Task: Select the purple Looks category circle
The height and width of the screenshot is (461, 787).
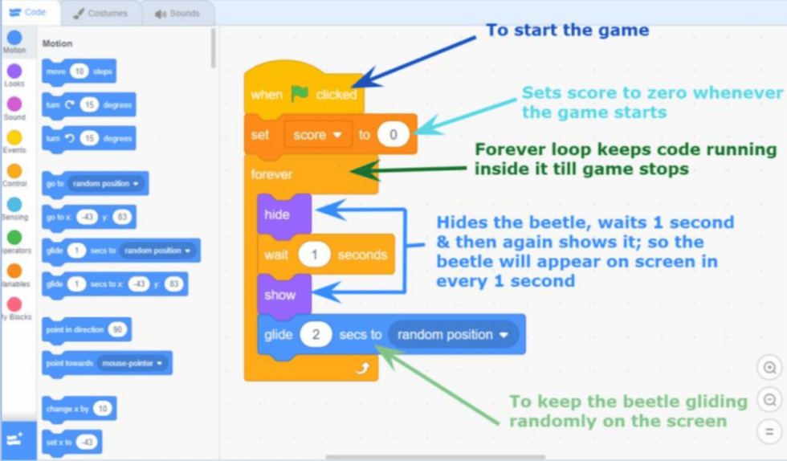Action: point(14,71)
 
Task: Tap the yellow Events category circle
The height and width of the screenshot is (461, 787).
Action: point(14,138)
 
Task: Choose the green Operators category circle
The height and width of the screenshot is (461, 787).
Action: point(14,238)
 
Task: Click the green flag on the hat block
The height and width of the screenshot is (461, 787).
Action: point(300,94)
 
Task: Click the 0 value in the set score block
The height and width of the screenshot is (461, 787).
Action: point(393,135)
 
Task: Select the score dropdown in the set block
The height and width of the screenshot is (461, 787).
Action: point(318,135)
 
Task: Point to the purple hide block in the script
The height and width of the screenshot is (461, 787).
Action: point(277,214)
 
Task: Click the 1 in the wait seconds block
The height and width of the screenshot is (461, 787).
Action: point(315,255)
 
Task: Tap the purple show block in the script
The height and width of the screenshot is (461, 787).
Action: point(279,295)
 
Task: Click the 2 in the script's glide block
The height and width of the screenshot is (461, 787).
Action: point(316,334)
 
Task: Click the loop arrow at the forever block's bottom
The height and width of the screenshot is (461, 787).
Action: point(363,367)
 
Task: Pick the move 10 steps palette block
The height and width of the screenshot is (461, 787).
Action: point(79,72)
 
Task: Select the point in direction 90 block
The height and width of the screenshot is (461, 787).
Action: point(86,330)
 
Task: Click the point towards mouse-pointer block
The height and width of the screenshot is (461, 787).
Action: point(106,364)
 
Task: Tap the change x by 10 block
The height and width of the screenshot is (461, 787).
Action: point(79,409)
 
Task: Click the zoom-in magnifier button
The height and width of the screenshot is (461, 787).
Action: point(770,368)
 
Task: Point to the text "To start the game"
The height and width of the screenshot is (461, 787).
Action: point(567,31)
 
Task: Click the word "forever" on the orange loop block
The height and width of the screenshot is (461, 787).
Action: point(271,174)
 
